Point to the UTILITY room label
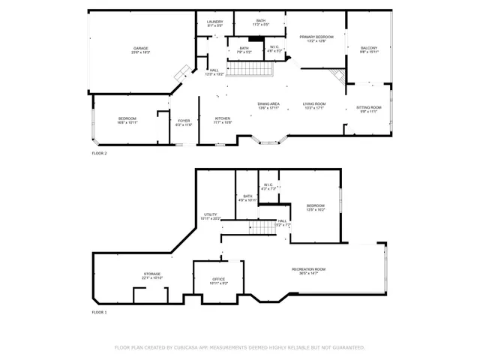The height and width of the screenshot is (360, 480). (x=211, y=216)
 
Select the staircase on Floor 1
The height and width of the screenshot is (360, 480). (x=262, y=227)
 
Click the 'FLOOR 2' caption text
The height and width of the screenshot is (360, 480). (x=99, y=153)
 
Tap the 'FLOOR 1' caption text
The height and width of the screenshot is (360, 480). (x=99, y=312)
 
